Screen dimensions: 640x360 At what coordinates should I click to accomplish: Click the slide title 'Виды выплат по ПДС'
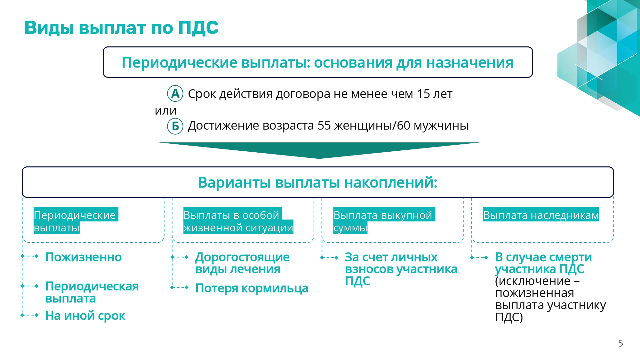pos(121,28)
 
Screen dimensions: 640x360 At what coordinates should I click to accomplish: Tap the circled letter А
pos(175,93)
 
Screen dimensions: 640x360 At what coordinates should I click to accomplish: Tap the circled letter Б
pos(175,126)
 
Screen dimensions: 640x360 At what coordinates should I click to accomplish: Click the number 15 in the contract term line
pos(423,94)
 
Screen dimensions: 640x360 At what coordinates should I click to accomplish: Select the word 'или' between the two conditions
pos(166,111)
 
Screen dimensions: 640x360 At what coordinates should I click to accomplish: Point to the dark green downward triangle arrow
pos(319,150)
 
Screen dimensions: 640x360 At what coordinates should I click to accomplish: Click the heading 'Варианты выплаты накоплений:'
pos(318,182)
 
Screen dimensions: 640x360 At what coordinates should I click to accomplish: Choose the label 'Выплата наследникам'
pos(541,215)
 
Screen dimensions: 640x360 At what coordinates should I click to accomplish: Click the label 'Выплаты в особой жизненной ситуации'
pos(238,221)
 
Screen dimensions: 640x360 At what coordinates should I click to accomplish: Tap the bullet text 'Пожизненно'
pos(84,257)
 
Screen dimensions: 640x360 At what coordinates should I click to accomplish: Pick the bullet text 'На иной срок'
pos(85,316)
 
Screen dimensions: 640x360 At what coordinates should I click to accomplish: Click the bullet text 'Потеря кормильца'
pos(252,288)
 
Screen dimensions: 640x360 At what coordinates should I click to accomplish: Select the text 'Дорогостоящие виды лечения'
pos(243,263)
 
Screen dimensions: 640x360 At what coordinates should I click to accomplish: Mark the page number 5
pos(620,343)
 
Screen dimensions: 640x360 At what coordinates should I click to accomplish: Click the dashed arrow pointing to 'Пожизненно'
pos(29,256)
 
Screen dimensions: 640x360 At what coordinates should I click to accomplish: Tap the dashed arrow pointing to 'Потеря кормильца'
pos(180,288)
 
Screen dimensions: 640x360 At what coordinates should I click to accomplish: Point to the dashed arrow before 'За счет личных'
pos(329,258)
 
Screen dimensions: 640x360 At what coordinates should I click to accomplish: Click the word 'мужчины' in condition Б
pos(441,126)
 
